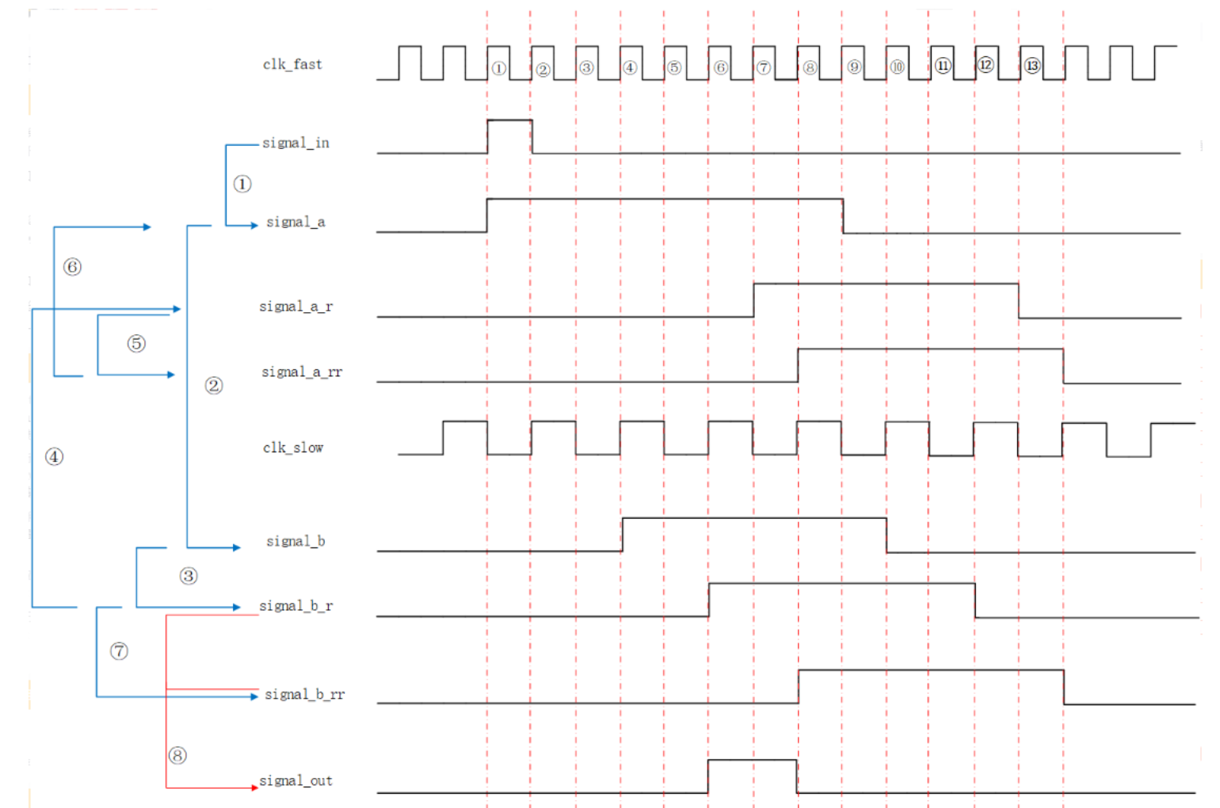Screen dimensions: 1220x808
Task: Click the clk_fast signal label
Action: click(292, 64)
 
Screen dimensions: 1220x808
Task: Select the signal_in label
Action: click(295, 143)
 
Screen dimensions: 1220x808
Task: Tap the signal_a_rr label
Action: click(302, 372)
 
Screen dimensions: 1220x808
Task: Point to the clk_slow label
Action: click(293, 448)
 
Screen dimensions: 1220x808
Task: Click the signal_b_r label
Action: click(295, 606)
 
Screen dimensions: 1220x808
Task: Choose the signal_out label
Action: click(295, 780)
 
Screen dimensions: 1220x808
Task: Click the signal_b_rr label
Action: click(304, 694)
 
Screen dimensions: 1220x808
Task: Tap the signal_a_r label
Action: click(295, 306)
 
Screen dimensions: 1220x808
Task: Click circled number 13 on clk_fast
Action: click(1031, 66)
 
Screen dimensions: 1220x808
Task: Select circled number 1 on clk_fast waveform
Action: click(498, 68)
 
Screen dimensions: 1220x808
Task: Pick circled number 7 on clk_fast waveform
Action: click(763, 68)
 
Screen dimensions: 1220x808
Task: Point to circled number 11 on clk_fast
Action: click(942, 66)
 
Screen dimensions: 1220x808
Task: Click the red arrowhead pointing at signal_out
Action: click(254, 787)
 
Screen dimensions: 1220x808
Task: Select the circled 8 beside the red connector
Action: click(177, 755)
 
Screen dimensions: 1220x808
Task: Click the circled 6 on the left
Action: click(72, 267)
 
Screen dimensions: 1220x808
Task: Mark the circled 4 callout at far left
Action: click(54, 456)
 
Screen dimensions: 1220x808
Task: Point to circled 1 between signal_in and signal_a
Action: click(242, 184)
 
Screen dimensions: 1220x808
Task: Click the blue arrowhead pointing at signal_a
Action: click(254, 226)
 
